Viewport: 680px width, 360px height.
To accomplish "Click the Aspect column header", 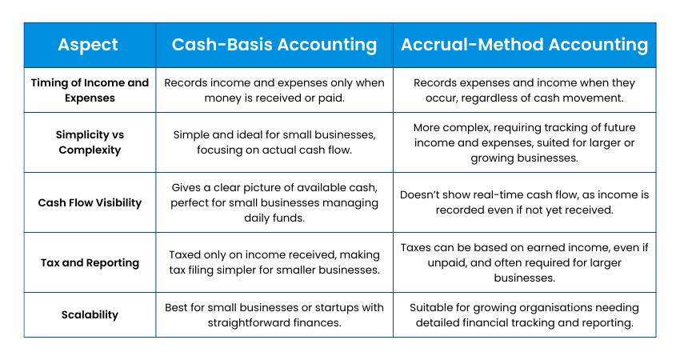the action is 88,45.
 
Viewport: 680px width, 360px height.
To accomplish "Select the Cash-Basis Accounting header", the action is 274,45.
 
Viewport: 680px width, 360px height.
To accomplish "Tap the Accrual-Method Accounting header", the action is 524,45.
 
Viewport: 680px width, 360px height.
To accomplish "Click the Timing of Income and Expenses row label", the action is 90,90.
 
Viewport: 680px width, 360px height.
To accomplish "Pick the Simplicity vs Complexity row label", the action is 90,142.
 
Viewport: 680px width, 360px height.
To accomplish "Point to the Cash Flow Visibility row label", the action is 90,202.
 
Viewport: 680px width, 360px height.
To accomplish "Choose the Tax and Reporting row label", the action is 90,263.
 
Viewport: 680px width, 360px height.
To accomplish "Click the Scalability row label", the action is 90,314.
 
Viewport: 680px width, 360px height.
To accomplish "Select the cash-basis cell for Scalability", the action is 274,315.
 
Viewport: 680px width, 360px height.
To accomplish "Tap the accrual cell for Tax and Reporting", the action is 524,262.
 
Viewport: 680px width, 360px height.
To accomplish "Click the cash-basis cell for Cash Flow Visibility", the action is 274,202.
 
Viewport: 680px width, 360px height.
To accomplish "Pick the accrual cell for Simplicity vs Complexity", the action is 524,142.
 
